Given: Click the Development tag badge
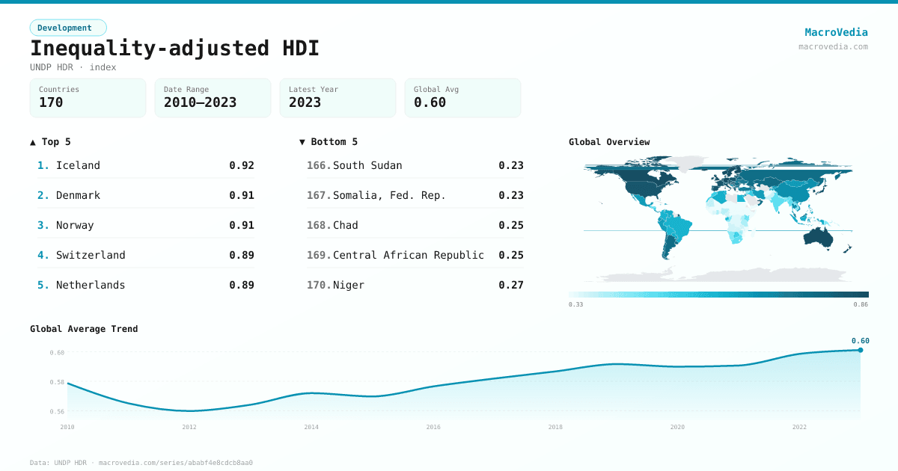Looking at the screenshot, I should pos(68,28).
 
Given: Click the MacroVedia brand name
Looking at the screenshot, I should pos(836,32).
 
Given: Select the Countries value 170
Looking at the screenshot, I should pos(51,103).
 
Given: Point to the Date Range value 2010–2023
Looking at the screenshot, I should pos(200,103).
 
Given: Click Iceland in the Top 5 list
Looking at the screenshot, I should pos(78,165).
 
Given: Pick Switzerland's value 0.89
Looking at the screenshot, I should pos(242,255).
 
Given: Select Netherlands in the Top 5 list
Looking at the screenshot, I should pos(91,285).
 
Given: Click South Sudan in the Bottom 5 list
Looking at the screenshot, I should pos(367,165).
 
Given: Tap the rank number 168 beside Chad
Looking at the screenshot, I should pos(319,225).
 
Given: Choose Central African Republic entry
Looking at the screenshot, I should pos(409,255).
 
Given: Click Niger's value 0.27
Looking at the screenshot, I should pos(511,285).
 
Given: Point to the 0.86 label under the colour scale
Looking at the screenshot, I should pos(861,304).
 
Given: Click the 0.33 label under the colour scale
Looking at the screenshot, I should pos(575,304).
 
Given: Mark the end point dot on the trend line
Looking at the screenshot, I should pos(861,350).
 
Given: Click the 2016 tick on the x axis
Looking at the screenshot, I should pos(433,427).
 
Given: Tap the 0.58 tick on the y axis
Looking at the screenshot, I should pos(57,382).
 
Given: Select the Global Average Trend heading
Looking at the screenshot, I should pos(84,329).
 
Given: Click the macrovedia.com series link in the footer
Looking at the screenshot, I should pos(176,463).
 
